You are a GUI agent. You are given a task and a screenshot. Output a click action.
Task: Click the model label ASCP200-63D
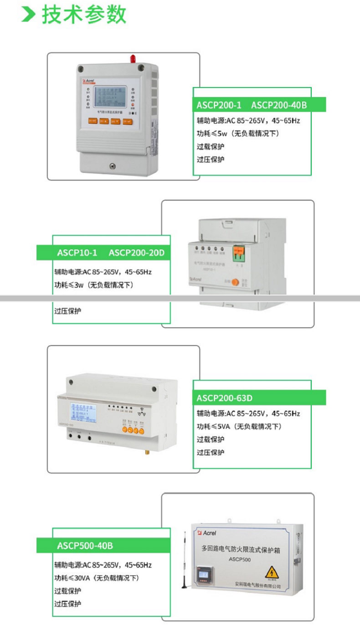pos(224,398)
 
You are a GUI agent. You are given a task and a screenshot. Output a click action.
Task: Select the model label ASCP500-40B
pos(85,545)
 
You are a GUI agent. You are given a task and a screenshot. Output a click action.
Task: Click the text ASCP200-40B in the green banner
pos(279,105)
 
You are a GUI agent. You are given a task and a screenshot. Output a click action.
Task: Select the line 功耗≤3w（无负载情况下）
pos(95,285)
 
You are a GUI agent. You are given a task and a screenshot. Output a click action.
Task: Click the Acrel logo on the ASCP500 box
pos(207,533)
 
